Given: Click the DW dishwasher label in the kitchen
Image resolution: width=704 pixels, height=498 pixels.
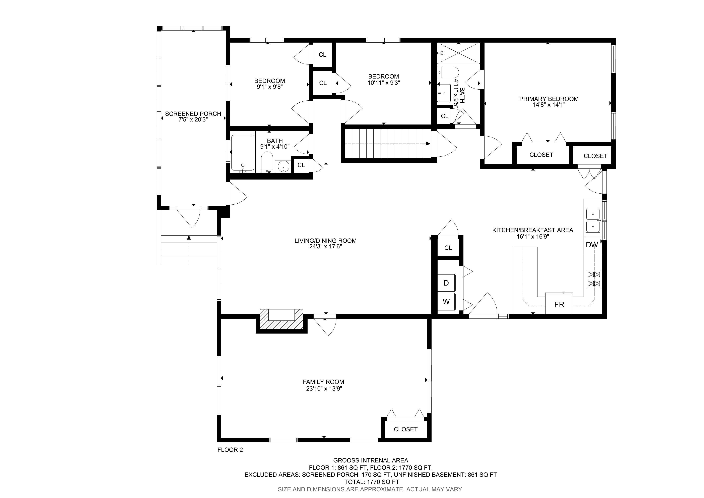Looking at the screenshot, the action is coord(592,245).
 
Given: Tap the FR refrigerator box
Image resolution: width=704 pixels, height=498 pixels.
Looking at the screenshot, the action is coord(559,303).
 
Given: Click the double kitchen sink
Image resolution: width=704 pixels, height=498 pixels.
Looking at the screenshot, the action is coord(593,220).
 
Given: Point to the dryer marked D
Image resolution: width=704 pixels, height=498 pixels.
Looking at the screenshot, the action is coord(446,283).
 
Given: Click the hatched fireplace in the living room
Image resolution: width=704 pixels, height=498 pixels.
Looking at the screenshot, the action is coord(281,319).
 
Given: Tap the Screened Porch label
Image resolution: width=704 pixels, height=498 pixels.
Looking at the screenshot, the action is coord(193,114).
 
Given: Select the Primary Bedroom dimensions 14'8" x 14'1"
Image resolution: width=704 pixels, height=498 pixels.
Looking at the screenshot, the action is coord(549,105).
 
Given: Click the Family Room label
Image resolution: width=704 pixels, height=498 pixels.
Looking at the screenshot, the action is coord(323,382).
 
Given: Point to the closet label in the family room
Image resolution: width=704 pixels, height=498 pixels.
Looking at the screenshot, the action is coord(406,429).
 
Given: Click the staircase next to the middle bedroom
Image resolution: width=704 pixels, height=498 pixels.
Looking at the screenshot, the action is coord(388,144).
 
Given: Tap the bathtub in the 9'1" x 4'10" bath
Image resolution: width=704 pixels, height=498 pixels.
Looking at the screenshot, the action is coord(243,153).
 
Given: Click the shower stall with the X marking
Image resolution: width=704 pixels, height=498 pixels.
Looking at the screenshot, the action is coord(458,53).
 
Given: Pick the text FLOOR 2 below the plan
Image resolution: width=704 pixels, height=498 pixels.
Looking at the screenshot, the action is coord(230,450).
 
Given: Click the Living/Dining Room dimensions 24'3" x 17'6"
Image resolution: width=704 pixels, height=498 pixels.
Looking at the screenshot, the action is coord(325,246).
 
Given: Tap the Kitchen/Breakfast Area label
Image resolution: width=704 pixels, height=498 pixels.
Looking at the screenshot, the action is coord(533,230).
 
